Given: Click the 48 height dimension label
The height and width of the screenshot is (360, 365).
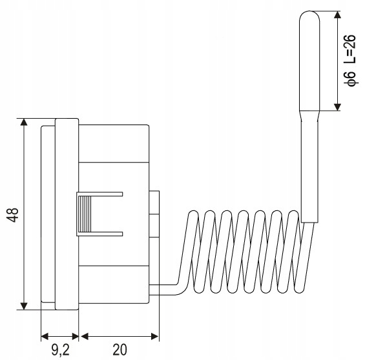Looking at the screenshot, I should [13, 214].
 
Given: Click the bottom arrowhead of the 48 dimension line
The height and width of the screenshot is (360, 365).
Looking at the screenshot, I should [23, 306].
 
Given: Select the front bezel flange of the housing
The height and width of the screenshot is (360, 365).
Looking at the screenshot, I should [67, 214].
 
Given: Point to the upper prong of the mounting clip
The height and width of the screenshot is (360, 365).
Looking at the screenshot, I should [103, 194].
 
